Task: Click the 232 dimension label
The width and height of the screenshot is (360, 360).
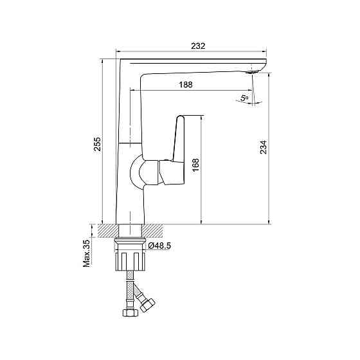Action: point(198,46)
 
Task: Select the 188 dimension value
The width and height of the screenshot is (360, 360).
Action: point(186,85)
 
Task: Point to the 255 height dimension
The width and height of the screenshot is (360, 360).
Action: point(97,144)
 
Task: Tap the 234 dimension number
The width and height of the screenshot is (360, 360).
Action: point(264,147)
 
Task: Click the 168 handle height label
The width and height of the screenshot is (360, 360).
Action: point(195,165)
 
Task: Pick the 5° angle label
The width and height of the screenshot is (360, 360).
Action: point(244,98)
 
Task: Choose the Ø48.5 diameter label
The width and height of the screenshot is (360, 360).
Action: point(159,246)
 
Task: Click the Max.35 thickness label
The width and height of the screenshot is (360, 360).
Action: point(87,253)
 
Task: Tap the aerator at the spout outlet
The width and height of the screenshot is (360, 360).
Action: point(252,72)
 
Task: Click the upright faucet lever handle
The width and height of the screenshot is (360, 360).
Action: point(179,138)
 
